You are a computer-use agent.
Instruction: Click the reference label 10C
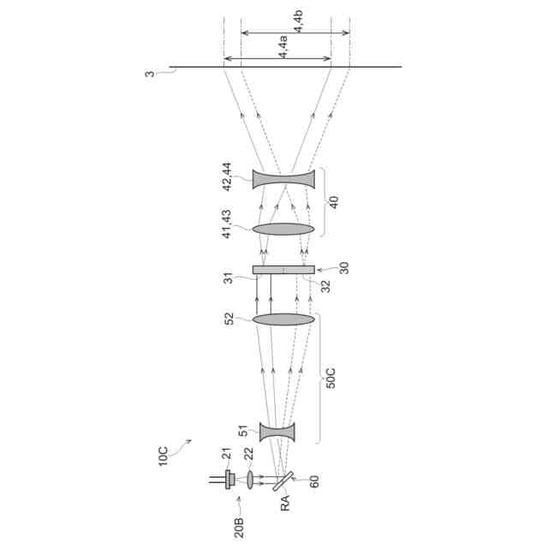coord(164,456)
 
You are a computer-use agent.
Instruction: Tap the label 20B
coord(239,527)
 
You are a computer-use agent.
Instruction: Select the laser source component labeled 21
coord(229,479)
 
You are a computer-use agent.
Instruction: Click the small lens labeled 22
coord(250,479)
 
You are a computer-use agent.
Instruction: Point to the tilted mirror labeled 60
coord(283,481)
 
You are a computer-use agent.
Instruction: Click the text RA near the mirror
coord(285,503)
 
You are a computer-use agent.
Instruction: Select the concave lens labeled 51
coord(277,432)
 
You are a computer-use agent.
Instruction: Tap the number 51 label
coord(243,431)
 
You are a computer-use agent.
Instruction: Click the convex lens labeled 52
coord(283,319)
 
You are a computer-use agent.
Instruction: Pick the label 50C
coord(331,378)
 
